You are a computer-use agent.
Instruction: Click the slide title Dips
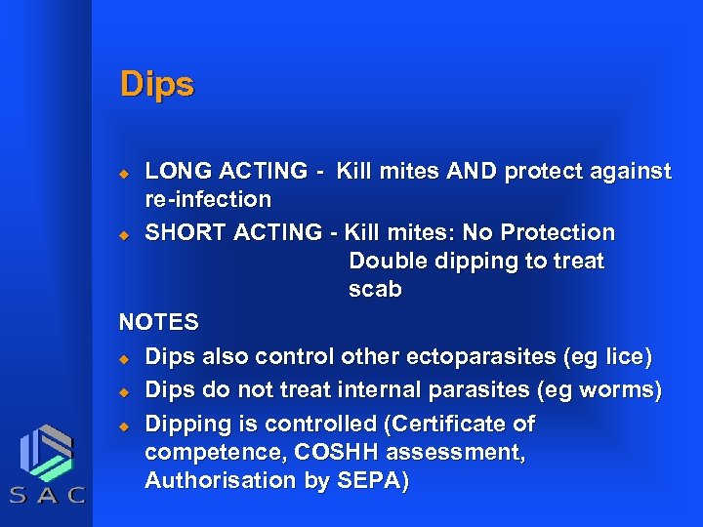[x=156, y=84]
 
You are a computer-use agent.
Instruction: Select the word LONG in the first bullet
[x=176, y=172]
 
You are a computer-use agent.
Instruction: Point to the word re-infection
[x=208, y=200]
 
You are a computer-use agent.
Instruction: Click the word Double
[x=389, y=262]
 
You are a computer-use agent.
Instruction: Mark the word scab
[x=375, y=291]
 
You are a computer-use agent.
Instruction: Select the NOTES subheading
[x=158, y=322]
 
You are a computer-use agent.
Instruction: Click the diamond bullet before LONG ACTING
[x=124, y=173]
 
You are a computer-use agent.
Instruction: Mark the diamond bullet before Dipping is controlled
[x=124, y=426]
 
